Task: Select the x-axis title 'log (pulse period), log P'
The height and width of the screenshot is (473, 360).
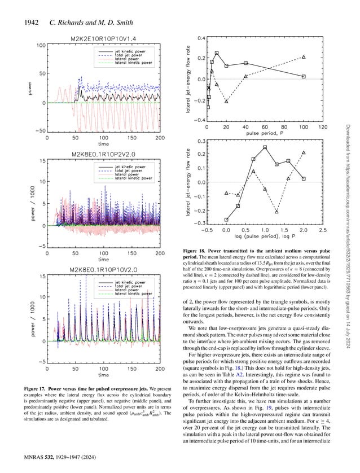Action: pyautogui.click(x=264, y=239)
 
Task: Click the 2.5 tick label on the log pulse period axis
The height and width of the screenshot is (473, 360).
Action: pyautogui.click(x=323, y=230)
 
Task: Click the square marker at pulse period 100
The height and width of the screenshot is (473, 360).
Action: pyautogui.click(x=304, y=76)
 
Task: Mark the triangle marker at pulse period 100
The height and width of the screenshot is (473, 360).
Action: pyautogui.click(x=304, y=57)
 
